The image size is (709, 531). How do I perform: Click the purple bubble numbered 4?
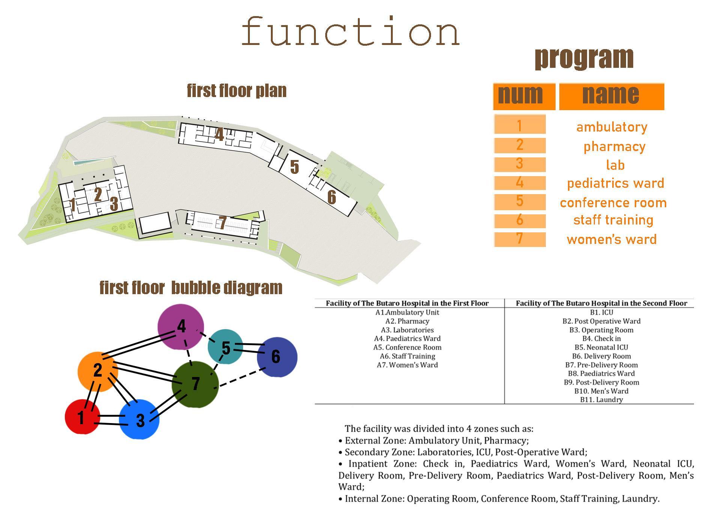[x=181, y=327]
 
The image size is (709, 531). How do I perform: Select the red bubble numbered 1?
[x=82, y=417]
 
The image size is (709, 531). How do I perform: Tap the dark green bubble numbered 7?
[x=195, y=384]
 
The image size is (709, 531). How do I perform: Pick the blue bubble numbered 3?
[x=140, y=419]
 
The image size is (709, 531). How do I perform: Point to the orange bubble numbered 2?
[x=98, y=371]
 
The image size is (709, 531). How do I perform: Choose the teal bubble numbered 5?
[x=225, y=347]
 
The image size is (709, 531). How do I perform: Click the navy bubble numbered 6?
[x=277, y=357]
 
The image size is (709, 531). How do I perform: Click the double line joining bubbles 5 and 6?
[x=248, y=347]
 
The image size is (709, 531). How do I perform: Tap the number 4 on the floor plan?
[x=219, y=135]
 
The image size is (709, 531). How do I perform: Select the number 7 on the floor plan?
[x=222, y=223]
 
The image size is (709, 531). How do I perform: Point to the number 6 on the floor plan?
[x=332, y=197]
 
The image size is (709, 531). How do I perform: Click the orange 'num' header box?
[x=524, y=96]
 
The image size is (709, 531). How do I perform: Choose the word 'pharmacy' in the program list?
[x=614, y=146]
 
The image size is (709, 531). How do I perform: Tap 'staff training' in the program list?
[x=613, y=220]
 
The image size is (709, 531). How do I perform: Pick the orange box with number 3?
[x=520, y=164]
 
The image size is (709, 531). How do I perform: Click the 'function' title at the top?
[x=351, y=31]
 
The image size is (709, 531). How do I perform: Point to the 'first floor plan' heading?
[x=237, y=91]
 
